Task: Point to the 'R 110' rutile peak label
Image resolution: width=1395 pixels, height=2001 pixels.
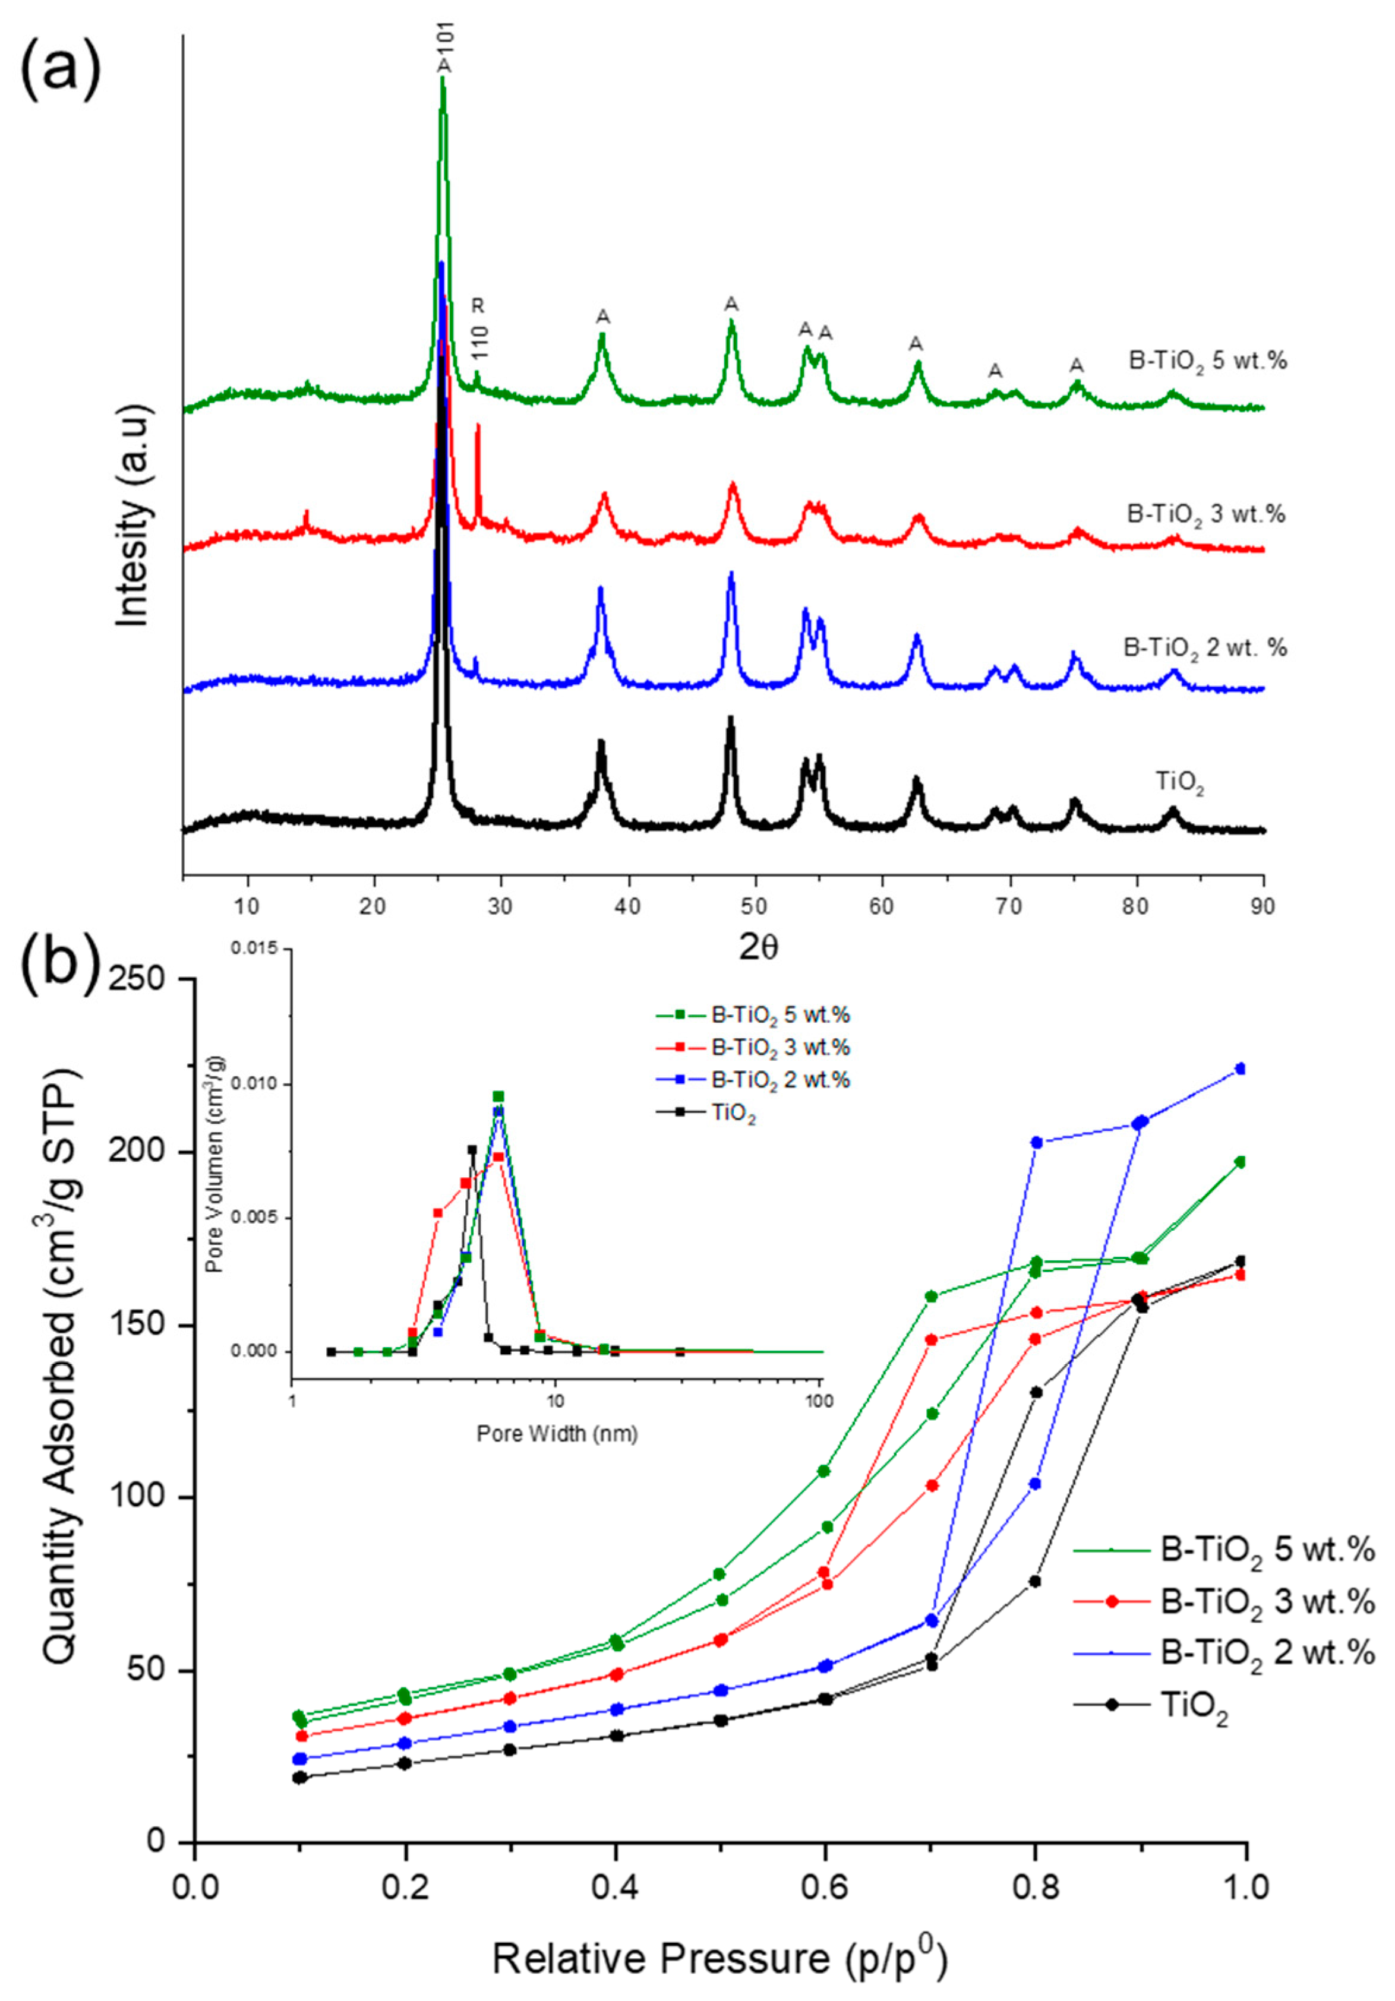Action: pyautogui.click(x=479, y=330)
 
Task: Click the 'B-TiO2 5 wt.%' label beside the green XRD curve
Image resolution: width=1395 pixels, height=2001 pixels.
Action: pyautogui.click(x=1207, y=361)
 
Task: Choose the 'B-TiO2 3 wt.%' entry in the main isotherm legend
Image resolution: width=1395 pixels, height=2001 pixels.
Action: pyautogui.click(x=1267, y=1602)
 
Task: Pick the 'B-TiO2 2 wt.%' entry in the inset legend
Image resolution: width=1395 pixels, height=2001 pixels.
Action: pyautogui.click(x=778, y=1080)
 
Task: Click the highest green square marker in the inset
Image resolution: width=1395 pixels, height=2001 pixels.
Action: pyautogui.click(x=498, y=1096)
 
